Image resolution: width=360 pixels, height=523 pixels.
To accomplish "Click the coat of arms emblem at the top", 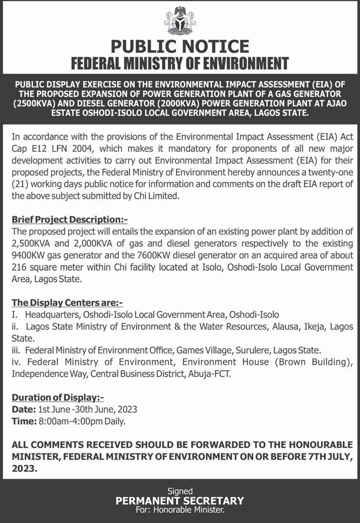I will pos(180,20).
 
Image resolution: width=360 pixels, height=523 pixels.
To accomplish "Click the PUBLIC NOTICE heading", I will pos(180,46).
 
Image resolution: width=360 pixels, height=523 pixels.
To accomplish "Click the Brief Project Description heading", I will pos(70,220).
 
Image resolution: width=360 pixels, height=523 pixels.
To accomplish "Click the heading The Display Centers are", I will pos(67,303).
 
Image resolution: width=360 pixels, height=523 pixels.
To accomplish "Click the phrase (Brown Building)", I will pos(315,362).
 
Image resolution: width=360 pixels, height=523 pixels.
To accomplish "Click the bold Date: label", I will pos(23,409).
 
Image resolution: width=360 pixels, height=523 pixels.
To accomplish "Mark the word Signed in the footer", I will pos(180,491).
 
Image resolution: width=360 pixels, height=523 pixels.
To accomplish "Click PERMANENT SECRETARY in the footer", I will pos(180,501).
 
